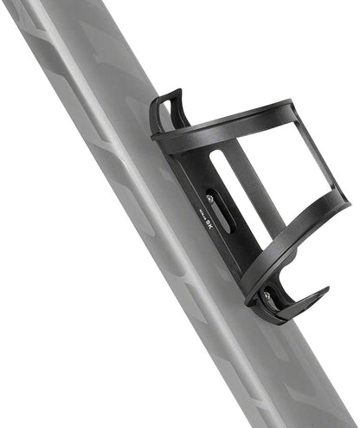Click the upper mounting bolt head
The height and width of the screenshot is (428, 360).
click(x=209, y=199)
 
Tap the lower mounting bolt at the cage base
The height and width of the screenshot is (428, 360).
click(x=267, y=295)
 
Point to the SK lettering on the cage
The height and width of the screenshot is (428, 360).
click(x=210, y=224)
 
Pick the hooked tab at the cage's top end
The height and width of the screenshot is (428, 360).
click(x=165, y=109)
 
